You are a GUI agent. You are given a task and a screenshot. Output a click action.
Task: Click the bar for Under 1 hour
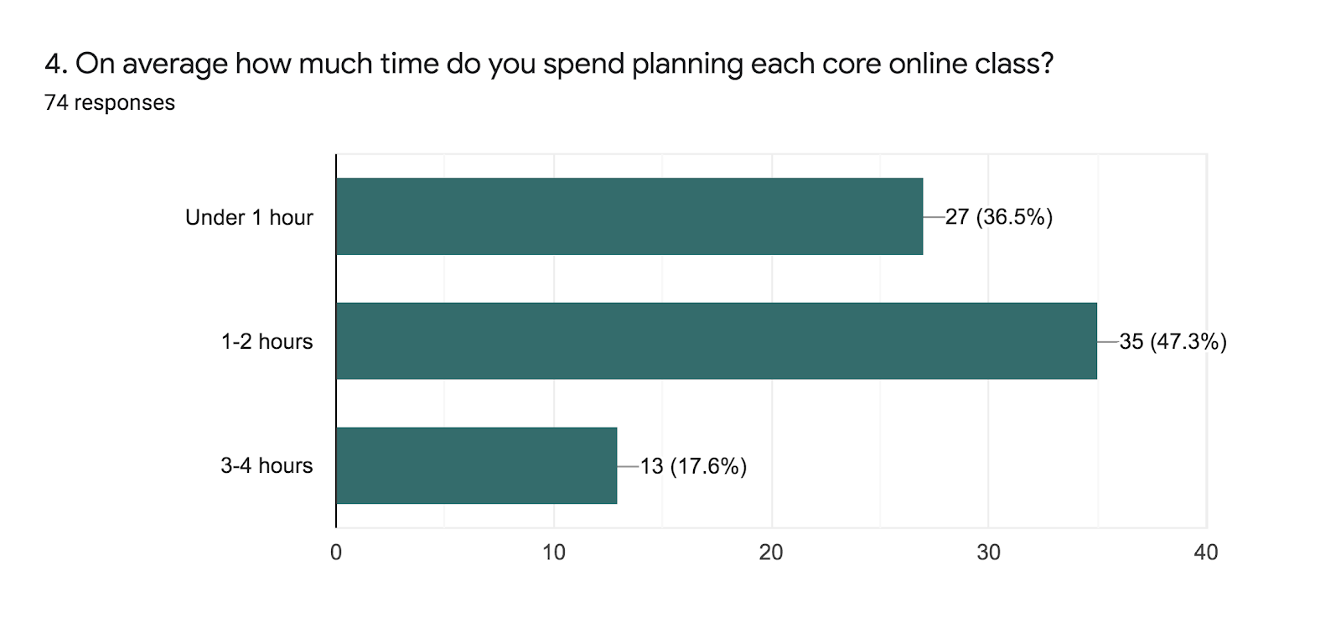(x=629, y=216)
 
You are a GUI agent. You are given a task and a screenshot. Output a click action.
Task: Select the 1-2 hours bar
(x=716, y=341)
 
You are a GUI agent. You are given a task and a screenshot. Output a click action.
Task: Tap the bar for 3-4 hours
(x=476, y=465)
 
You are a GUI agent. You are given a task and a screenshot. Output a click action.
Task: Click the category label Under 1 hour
(x=249, y=217)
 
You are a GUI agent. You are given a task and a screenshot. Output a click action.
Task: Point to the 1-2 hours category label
(x=267, y=341)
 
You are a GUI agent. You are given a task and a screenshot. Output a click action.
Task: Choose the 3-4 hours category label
(x=267, y=465)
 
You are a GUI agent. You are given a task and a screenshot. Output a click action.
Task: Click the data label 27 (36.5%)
(x=998, y=217)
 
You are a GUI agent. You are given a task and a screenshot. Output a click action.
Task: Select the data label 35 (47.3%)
(x=1173, y=341)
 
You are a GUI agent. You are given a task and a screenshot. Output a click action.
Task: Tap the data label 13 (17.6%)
(x=693, y=466)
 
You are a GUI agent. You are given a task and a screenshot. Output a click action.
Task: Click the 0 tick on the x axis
(x=336, y=552)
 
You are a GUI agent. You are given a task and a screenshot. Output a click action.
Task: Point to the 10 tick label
(x=553, y=552)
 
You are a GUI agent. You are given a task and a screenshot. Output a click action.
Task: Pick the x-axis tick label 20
(x=771, y=552)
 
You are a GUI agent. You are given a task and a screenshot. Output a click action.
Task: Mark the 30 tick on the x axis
(x=988, y=552)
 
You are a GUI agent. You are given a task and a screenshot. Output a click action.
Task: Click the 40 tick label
(x=1206, y=552)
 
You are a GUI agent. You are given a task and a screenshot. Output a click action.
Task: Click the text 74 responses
(x=110, y=102)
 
